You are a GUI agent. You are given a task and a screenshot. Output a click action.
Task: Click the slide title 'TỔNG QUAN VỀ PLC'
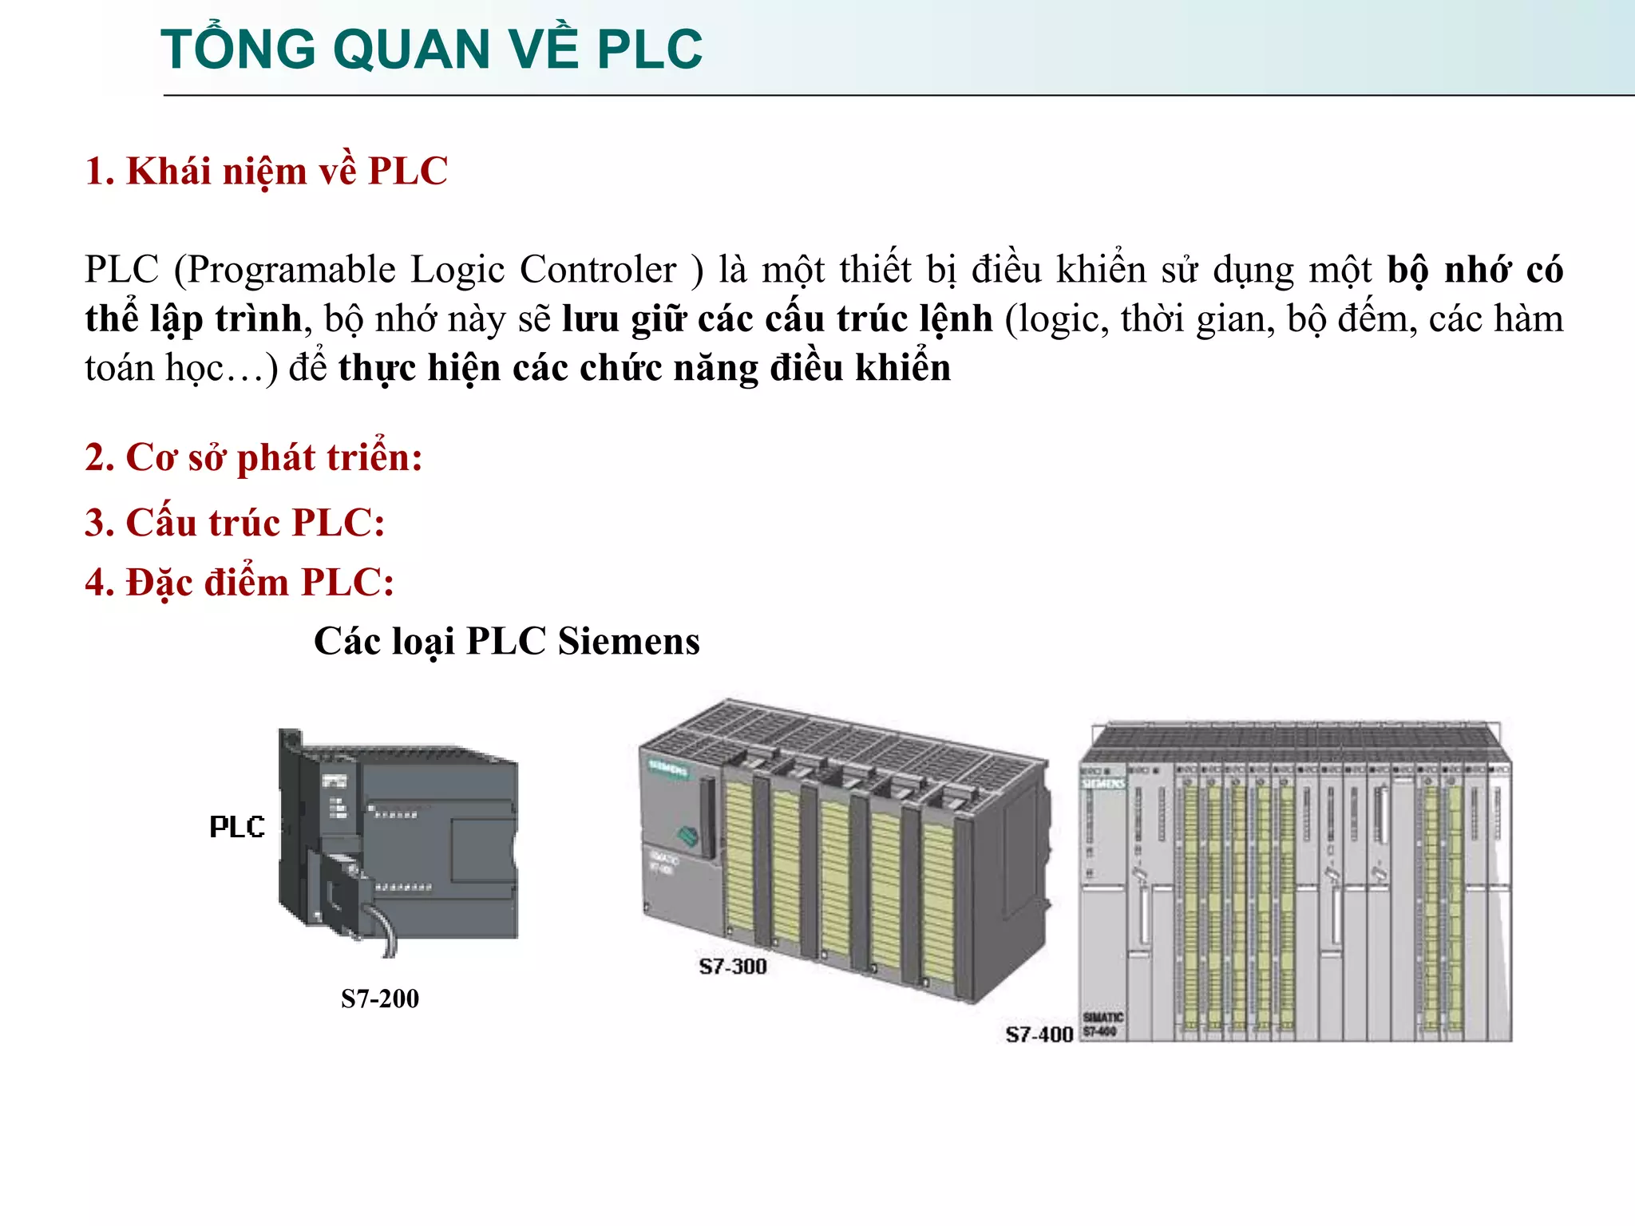point(431,49)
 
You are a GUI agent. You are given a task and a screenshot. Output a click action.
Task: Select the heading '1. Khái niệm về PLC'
point(266,172)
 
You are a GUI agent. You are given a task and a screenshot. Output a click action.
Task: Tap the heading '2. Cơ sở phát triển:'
point(253,458)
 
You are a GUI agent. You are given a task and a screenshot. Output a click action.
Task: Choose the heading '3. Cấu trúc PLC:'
point(235,524)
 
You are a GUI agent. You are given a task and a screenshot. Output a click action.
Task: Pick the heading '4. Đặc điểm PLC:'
point(240,583)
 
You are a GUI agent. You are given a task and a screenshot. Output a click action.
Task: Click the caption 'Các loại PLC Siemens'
point(506,642)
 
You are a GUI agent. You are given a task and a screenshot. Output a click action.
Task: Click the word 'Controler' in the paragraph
point(598,270)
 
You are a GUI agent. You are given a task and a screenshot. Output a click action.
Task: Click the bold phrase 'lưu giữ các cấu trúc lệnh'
point(778,319)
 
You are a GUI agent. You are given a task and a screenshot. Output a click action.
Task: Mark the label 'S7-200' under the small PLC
point(380,999)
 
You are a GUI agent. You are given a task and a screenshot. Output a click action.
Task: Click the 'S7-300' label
point(733,967)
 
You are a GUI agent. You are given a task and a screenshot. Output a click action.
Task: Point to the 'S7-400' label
point(1039,1034)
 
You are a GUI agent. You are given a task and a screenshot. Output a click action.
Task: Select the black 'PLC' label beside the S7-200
point(237,827)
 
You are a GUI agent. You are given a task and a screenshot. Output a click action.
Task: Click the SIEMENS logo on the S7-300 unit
point(668,769)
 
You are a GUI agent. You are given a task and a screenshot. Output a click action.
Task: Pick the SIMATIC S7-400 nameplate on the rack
point(1103,1024)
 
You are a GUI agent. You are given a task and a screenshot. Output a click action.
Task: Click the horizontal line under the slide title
point(878,96)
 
